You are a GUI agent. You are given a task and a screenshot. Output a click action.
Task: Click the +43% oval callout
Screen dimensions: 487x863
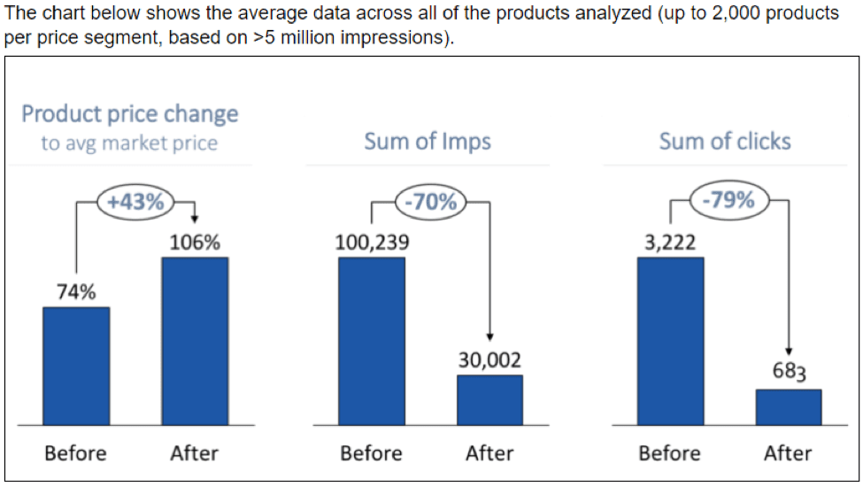136,201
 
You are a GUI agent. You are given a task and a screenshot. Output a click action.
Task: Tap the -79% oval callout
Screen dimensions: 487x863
728,200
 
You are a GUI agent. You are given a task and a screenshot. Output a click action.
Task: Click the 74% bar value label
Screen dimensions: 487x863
76,293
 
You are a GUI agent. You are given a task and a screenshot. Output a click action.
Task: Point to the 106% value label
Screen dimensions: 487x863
195,243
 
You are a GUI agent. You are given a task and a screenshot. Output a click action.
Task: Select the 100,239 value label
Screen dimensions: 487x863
372,243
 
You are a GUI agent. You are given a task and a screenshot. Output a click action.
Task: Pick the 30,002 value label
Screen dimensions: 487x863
489,360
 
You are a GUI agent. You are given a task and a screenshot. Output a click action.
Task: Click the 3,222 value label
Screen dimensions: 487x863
670,243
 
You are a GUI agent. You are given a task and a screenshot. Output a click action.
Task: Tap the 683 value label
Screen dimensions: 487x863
789,372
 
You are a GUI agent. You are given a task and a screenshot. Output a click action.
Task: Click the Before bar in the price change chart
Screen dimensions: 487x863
76,366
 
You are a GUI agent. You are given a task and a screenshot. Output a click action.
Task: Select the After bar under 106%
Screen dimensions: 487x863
195,341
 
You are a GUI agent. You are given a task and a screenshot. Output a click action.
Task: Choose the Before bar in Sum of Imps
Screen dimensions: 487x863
372,341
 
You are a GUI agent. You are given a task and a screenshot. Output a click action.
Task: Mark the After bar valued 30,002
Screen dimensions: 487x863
489,399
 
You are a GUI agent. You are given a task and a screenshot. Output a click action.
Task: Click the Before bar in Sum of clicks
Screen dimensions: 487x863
670,341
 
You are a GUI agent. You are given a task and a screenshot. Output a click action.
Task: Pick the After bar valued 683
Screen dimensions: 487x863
789,406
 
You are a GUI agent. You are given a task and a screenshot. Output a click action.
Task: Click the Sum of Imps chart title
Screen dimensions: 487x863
428,142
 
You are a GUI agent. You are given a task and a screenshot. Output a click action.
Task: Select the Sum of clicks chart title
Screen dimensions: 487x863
725,142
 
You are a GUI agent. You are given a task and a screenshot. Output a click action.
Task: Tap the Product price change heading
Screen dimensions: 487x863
130,114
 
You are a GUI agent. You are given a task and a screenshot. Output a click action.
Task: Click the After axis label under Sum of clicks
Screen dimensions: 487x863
788,453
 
